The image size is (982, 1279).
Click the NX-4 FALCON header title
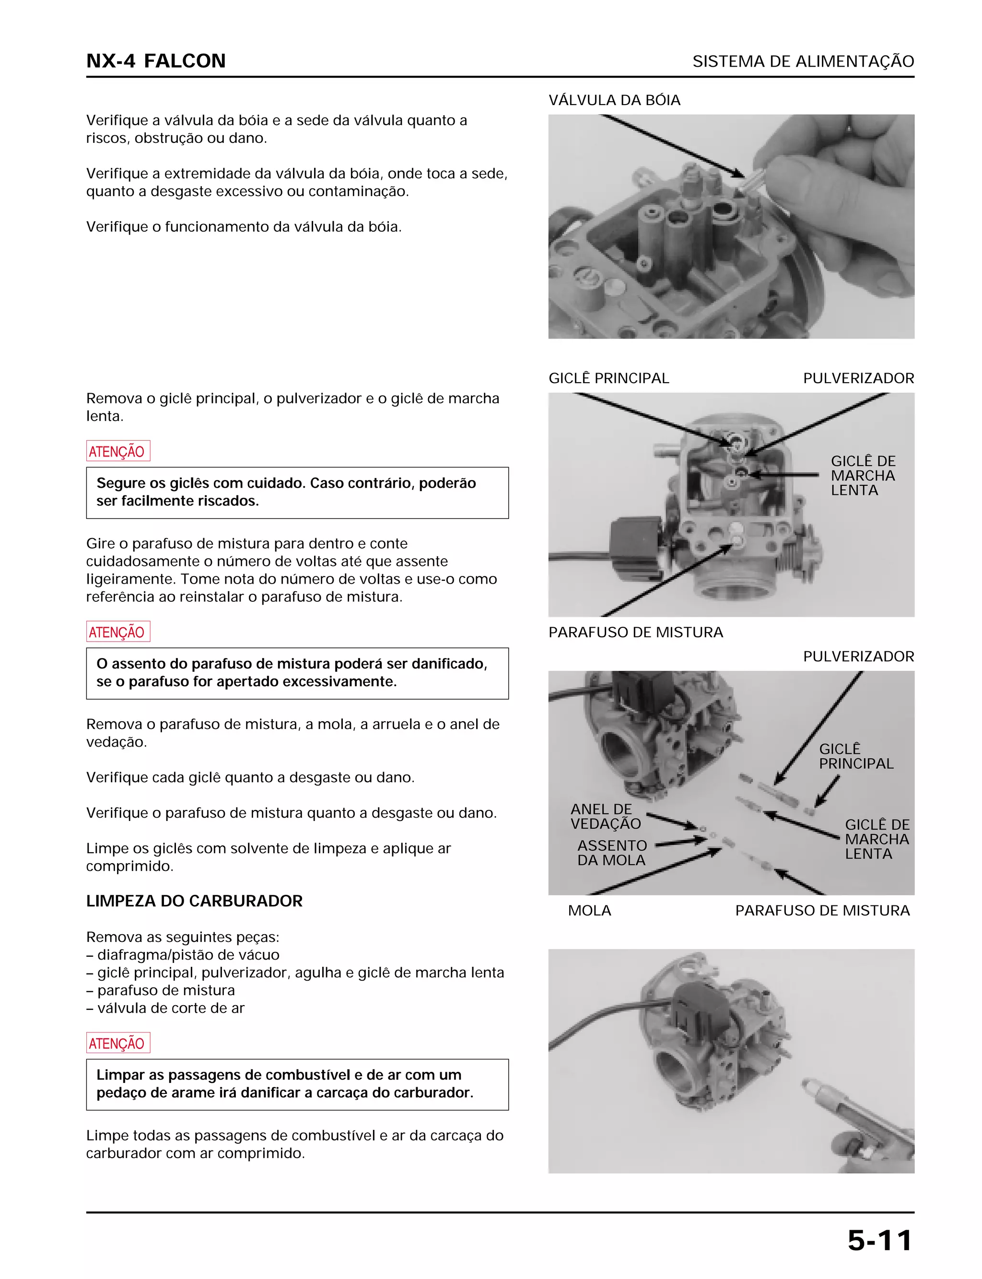click(x=155, y=61)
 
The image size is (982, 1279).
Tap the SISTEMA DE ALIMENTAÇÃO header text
click(x=803, y=61)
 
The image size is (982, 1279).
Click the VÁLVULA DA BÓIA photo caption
click(x=614, y=100)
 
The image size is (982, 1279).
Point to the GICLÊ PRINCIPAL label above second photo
click(x=608, y=378)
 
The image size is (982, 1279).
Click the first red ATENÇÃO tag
click(x=117, y=451)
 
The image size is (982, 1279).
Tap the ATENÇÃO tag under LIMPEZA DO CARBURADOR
click(x=117, y=1043)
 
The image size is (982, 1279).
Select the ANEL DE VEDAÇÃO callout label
click(x=605, y=816)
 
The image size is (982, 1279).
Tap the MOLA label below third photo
click(x=589, y=910)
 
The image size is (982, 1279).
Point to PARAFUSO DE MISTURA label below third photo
click(x=822, y=910)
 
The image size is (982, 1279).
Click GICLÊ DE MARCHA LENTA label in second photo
click(x=862, y=475)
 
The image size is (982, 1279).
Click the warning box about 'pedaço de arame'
click(x=297, y=1084)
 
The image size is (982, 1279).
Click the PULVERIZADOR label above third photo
click(x=858, y=656)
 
